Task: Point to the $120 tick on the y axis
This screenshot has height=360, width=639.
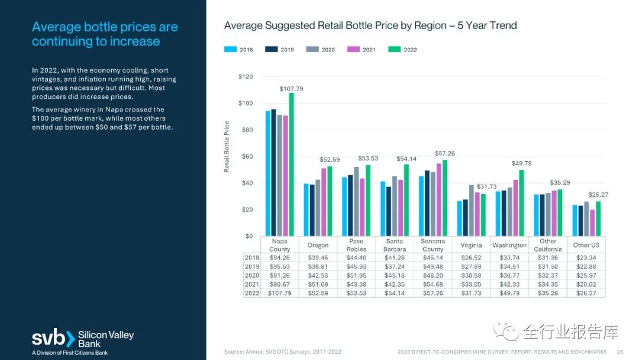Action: coord(245,77)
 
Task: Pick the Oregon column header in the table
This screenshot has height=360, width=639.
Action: coord(318,245)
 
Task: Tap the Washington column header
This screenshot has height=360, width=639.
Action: coord(509,245)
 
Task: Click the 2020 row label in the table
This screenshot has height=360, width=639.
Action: coord(252,275)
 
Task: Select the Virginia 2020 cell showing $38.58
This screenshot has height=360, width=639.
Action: coord(471,275)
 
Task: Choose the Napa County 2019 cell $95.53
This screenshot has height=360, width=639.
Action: coord(280,266)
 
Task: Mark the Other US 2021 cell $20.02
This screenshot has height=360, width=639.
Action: coord(586,284)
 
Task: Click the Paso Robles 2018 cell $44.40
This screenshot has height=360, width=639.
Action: coord(356,258)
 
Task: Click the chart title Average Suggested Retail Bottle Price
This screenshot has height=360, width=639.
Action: coord(370,25)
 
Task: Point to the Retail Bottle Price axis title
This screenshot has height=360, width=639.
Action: coord(227,146)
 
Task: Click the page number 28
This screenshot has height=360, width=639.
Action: coord(619,351)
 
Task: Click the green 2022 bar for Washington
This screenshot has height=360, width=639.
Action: coord(521,203)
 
